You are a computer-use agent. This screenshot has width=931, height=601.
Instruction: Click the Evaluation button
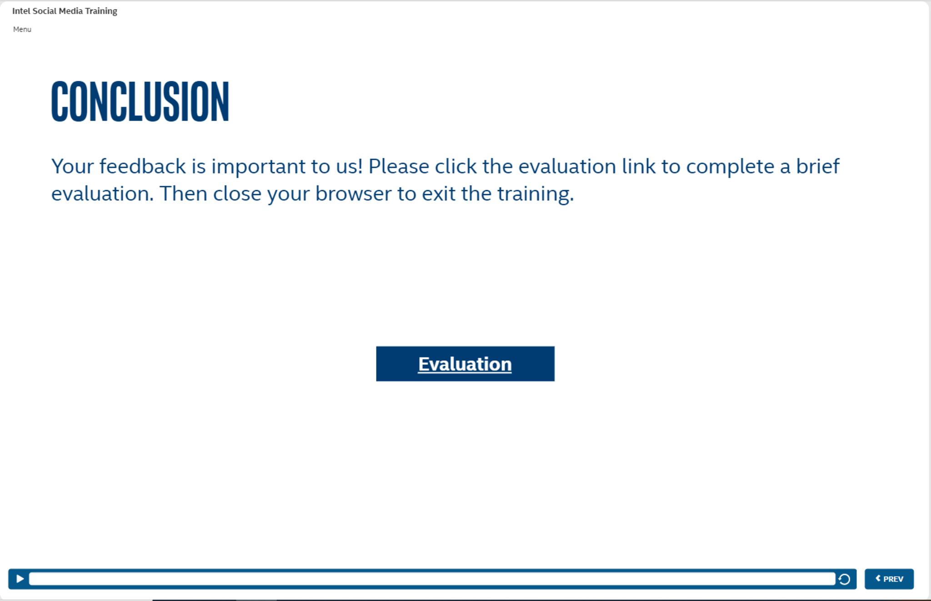pos(465,364)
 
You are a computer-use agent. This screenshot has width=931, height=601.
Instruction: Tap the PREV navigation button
pos(889,579)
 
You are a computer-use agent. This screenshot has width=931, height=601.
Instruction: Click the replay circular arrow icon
pos(845,579)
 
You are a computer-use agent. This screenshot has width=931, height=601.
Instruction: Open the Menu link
pos(22,29)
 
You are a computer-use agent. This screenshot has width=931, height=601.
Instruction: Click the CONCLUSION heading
pos(140,101)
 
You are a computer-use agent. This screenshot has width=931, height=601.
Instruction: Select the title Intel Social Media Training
pos(65,11)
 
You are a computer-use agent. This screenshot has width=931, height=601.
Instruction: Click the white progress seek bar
pos(432,579)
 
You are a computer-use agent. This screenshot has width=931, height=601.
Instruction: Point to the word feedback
pos(143,166)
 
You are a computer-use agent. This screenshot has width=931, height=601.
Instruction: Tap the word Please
pos(399,166)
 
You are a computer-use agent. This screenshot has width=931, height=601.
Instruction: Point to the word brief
pos(818,166)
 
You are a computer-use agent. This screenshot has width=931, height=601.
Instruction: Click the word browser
pos(353,193)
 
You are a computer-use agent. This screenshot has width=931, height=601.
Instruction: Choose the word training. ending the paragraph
pos(536,194)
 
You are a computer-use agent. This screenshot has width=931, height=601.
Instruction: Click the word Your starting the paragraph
pos(72,166)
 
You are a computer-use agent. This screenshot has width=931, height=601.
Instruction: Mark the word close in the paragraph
pos(237,193)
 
